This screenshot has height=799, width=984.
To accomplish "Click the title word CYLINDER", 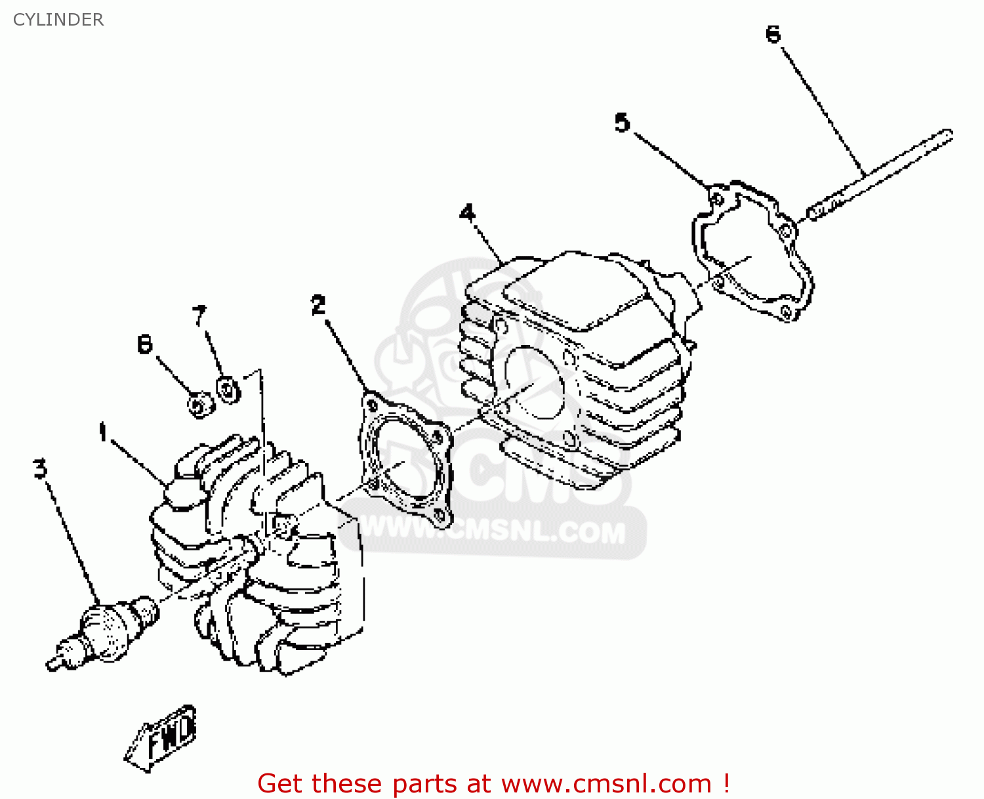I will pos(58,20).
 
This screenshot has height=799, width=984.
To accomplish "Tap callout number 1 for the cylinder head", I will pos(103,432).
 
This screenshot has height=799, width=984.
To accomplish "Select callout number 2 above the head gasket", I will pos(318,305).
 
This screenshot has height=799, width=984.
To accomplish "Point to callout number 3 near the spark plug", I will pos(41,468).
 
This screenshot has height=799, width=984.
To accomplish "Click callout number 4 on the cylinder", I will pos(467,213).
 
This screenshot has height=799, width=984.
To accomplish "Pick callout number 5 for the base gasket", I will pos(622,123).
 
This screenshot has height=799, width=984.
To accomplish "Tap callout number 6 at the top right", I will pos(773,34).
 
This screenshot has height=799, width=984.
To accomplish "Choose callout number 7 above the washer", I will pos(199,316).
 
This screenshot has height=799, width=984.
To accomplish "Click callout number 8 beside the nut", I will pos(145,344).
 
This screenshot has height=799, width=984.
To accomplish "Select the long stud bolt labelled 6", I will pos(879,174).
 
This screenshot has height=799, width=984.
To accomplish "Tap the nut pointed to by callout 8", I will pos(199,404).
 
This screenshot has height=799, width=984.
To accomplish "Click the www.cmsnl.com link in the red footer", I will pos(606,783).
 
